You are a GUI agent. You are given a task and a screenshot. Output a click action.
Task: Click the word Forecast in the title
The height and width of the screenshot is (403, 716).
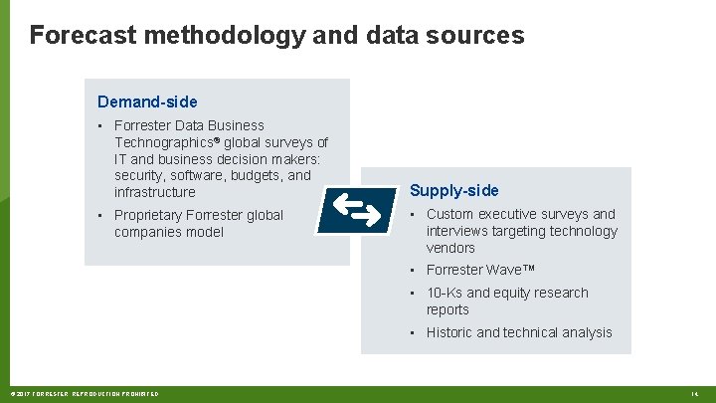(x=83, y=36)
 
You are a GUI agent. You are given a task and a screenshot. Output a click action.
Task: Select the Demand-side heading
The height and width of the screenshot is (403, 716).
(x=147, y=101)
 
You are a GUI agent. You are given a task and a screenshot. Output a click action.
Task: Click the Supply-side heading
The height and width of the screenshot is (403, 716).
(x=454, y=190)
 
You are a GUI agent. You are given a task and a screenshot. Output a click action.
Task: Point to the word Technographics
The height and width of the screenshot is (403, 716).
(x=163, y=142)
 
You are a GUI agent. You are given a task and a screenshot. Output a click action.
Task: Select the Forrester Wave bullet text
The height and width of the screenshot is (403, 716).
(x=481, y=270)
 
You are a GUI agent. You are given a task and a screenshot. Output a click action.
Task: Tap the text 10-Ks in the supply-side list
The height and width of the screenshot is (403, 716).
(x=445, y=293)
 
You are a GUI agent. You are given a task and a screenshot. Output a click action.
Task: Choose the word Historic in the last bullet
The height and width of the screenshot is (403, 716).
(x=449, y=332)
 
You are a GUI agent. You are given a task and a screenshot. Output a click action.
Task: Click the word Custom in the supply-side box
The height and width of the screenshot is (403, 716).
(x=450, y=214)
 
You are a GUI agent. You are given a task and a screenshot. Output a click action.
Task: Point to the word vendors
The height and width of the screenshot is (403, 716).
(x=450, y=248)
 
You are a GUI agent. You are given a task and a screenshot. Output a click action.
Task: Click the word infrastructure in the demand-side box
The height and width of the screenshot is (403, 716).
(x=155, y=192)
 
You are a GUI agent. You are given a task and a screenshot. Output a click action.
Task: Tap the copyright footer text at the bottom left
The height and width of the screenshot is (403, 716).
(x=84, y=394)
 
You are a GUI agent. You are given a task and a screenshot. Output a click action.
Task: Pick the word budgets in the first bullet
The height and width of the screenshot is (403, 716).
(x=257, y=175)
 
